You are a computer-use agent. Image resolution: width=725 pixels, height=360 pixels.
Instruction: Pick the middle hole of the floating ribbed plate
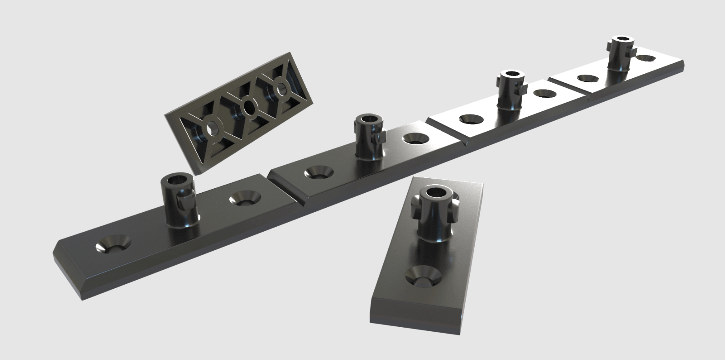pyautogui.click(x=248, y=107)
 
